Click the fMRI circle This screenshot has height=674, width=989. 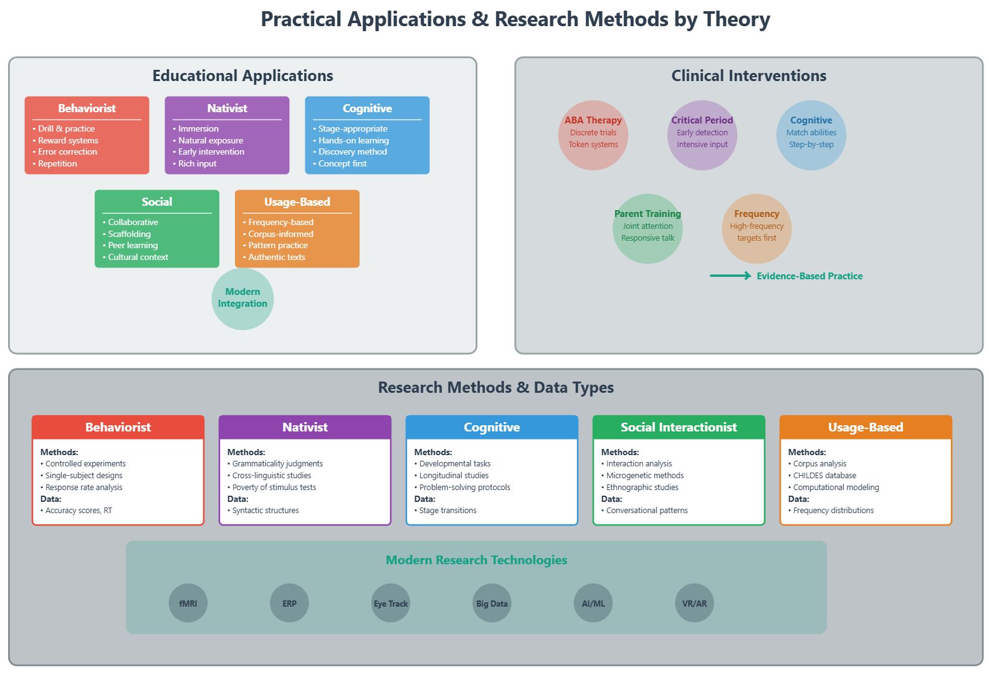tap(188, 603)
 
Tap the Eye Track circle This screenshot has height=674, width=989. tap(391, 603)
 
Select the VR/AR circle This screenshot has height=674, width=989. tap(694, 603)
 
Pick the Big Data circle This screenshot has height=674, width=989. tap(492, 603)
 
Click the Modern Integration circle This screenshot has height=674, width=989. tap(242, 299)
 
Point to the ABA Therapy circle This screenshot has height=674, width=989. tap(593, 135)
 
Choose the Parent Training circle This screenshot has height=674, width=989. tap(647, 229)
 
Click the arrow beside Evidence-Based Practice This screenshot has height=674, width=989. tap(730, 276)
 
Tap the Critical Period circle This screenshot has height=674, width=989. tap(702, 135)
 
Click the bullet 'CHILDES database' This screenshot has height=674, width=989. tap(824, 475)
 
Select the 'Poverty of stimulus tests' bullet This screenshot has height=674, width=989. tap(274, 487)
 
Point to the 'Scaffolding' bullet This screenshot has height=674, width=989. tap(129, 234)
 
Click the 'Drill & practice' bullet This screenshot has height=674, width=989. tap(66, 128)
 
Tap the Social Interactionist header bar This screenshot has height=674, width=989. tap(679, 427)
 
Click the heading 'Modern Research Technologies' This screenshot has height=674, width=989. tap(476, 560)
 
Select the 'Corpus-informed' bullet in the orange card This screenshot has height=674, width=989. tap(280, 234)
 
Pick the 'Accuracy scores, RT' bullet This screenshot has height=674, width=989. tap(79, 510)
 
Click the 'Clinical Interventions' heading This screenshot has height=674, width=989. tap(748, 76)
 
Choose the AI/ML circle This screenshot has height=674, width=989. tap(593, 603)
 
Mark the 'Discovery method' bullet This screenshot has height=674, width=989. tap(352, 152)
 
